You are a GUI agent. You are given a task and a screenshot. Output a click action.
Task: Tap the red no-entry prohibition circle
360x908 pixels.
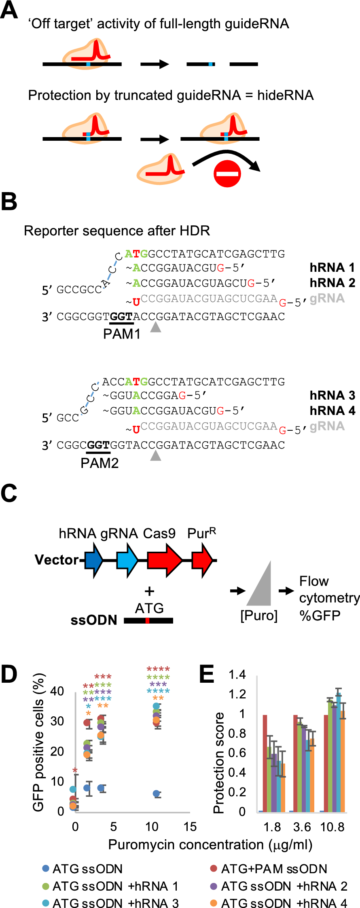point(227,174)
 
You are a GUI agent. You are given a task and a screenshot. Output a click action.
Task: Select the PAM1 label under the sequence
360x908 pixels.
point(122,334)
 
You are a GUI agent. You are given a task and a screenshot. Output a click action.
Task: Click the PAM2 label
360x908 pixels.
point(100,463)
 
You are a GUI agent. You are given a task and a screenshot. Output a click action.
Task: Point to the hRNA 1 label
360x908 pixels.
point(332,267)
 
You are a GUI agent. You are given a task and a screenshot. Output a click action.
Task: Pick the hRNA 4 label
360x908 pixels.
point(332,411)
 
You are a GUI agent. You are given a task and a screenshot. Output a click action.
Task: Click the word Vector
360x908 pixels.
point(57,560)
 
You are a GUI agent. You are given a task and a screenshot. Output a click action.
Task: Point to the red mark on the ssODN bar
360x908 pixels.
point(147,620)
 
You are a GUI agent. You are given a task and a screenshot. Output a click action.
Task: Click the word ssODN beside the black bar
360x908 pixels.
point(94,620)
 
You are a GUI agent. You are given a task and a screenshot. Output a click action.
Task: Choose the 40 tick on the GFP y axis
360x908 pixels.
point(57,691)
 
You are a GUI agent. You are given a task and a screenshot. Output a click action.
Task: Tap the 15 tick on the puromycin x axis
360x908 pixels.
point(190,827)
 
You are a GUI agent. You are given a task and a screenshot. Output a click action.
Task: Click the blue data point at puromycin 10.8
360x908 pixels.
point(157,794)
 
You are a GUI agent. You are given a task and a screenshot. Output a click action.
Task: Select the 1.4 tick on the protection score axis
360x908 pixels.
point(237,675)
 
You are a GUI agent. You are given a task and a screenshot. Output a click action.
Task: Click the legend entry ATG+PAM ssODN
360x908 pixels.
point(274,869)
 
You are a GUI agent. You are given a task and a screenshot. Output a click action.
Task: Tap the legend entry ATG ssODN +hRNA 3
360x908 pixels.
point(115,904)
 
